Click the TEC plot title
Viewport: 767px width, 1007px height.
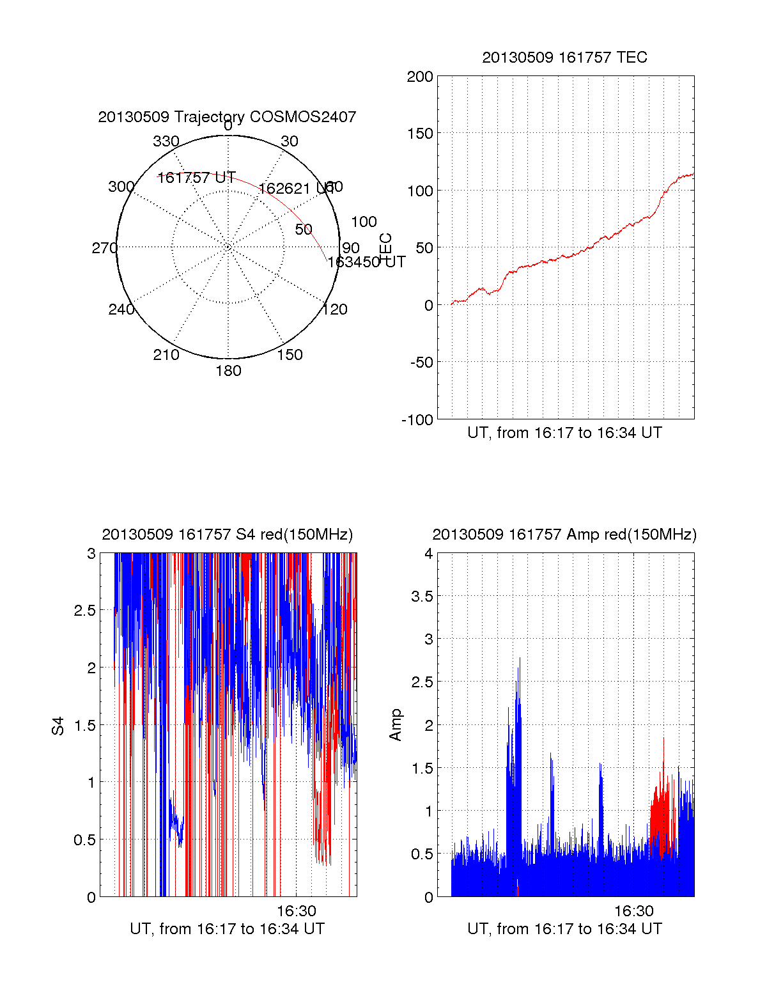pos(564,58)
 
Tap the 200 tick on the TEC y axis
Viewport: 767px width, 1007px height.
pos(420,77)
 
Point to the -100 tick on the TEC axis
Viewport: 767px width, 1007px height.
pos(417,420)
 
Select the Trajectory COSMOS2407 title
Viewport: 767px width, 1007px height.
pos(227,117)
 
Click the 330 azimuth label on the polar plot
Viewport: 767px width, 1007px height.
pos(166,141)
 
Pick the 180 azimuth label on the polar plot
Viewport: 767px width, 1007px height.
pos(228,371)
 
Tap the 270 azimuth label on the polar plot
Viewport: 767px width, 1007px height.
pos(104,248)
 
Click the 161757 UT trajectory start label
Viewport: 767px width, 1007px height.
pos(197,178)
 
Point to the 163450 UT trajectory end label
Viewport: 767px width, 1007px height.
pos(366,262)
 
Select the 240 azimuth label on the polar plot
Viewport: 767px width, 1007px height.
pos(121,309)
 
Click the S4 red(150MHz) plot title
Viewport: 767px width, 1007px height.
pos(227,535)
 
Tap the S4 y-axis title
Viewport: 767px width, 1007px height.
pos(58,726)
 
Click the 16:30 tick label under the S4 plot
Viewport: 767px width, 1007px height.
pos(296,911)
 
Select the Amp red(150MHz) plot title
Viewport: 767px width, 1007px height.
pos(564,535)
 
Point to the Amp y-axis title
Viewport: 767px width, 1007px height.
pos(396,724)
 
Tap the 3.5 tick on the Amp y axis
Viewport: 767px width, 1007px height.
pos(420,597)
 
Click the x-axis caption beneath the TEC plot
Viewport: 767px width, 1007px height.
pos(564,433)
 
